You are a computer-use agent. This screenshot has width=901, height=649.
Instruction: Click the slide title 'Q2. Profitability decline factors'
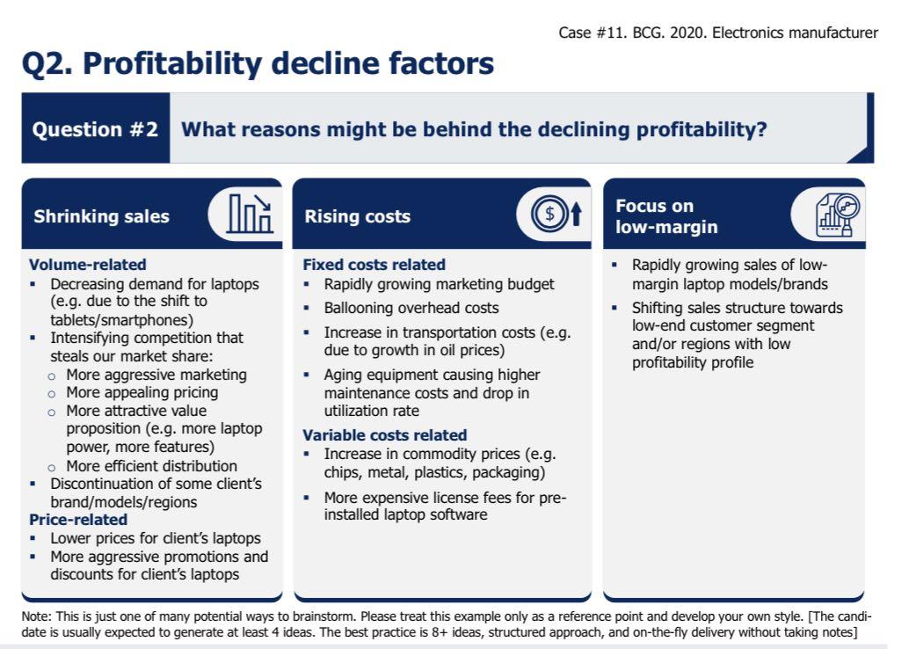tap(258, 64)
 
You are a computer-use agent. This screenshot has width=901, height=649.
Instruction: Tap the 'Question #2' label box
tap(95, 129)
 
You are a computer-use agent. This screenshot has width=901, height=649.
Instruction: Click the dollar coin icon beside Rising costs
tap(550, 215)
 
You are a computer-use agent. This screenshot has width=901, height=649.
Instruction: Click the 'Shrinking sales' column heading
tap(101, 216)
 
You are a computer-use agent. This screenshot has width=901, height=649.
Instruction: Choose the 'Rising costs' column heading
tap(357, 216)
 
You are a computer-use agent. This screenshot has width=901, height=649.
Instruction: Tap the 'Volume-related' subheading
tap(87, 265)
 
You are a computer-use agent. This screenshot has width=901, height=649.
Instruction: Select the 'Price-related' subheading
tap(77, 520)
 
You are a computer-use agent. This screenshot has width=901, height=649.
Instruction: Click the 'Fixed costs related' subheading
tap(374, 265)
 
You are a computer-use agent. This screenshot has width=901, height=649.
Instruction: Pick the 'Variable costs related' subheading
tap(384, 435)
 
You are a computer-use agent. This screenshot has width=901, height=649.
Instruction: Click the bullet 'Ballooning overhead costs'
tap(411, 308)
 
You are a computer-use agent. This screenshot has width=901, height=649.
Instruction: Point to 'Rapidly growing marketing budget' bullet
tap(439, 284)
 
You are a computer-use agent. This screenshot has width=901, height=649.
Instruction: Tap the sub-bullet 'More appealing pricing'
tap(142, 392)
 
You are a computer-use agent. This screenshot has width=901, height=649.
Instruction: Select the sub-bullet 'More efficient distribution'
tap(151, 466)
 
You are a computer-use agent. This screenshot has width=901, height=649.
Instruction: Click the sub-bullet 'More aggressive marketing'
tap(156, 375)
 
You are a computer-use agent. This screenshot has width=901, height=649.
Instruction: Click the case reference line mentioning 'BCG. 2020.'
tap(717, 33)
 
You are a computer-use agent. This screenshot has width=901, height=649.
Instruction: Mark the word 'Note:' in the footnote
tap(36, 616)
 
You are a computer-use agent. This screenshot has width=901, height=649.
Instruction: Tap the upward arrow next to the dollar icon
tap(576, 215)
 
